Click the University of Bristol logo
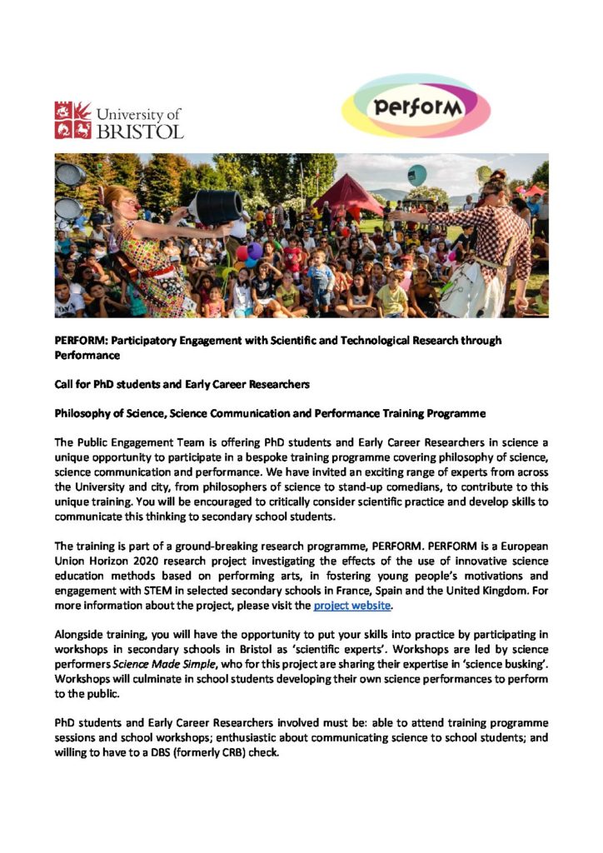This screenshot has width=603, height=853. click(118, 119)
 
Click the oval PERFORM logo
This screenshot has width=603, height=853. click(416, 106)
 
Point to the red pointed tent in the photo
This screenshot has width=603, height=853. click(347, 195)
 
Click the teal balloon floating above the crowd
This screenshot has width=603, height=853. click(417, 174)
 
